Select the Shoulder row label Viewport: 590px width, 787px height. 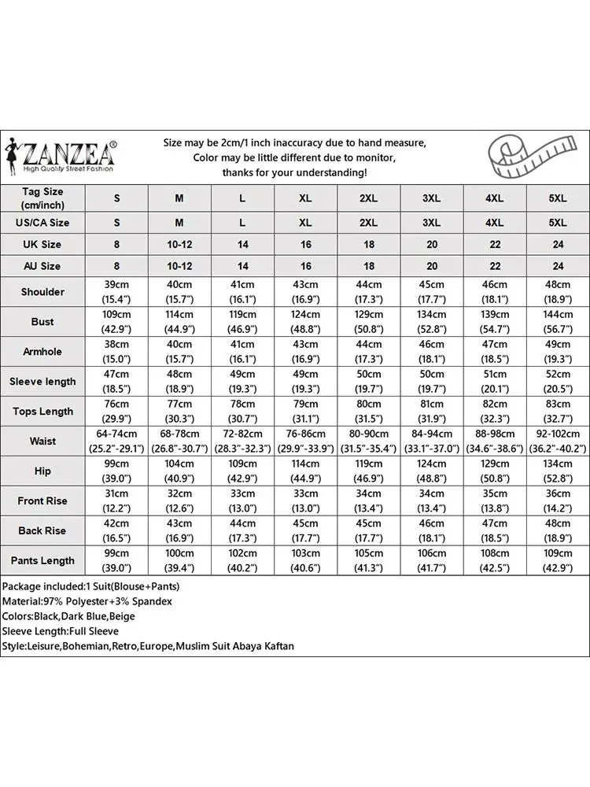pyautogui.click(x=42, y=292)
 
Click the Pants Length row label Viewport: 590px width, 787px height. pyautogui.click(x=42, y=560)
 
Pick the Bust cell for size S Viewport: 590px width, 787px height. pyautogui.click(x=116, y=321)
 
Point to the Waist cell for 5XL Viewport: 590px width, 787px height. pyautogui.click(x=557, y=441)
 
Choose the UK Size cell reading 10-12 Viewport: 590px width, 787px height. pyautogui.click(x=179, y=245)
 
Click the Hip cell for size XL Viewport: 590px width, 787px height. pyautogui.click(x=305, y=471)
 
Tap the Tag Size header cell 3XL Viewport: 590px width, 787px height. pyautogui.click(x=431, y=198)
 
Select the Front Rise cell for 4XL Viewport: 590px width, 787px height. pyautogui.click(x=494, y=501)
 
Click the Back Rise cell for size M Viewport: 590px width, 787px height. pyautogui.click(x=179, y=530)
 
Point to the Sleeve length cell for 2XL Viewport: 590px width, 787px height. pyautogui.click(x=368, y=381)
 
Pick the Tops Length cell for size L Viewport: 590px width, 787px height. pyautogui.click(x=242, y=411)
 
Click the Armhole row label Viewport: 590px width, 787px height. pyautogui.click(x=42, y=351)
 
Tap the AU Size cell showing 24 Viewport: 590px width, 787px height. pyautogui.click(x=557, y=267)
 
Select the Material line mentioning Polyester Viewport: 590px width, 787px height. pyautogui.click(x=87, y=601)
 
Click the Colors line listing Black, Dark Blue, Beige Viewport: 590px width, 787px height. pyautogui.click(x=68, y=616)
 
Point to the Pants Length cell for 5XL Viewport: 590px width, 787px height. pyautogui.click(x=557, y=560)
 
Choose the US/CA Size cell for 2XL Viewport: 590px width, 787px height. pyautogui.click(x=368, y=223)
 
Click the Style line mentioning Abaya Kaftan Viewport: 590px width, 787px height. pyautogui.click(x=148, y=646)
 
